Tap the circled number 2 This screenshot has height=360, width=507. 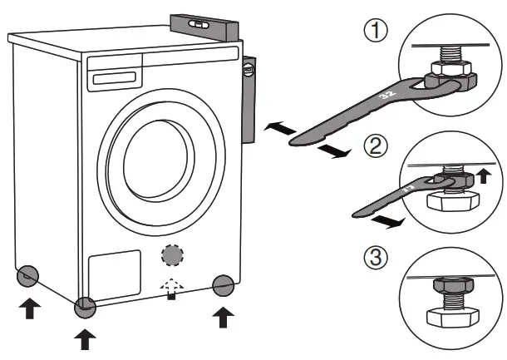coord(376,149)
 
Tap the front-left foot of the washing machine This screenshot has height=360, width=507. coord(86,308)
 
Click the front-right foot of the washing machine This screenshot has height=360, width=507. coord(222,286)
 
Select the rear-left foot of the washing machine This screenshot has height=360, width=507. coord(27,274)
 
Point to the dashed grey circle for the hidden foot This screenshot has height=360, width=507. coord(172,254)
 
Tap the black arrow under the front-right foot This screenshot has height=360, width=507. coord(222,317)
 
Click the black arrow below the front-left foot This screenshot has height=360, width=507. coord(86,339)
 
